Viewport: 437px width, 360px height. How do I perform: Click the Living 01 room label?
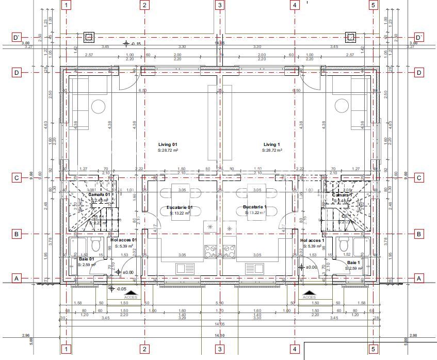point(168,144)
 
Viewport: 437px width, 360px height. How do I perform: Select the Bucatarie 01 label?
point(180,207)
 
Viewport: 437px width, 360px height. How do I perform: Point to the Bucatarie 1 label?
point(255,207)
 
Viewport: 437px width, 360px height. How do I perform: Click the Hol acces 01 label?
point(124,240)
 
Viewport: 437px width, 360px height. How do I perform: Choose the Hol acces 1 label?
point(312,240)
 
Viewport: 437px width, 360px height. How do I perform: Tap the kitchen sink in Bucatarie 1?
point(254,268)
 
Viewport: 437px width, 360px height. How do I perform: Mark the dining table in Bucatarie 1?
point(256,201)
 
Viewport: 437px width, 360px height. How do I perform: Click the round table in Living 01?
point(98,106)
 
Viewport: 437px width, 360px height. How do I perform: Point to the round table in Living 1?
point(341,106)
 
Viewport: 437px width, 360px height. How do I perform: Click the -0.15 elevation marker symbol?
point(126,44)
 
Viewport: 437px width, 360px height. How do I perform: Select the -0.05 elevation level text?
point(122,289)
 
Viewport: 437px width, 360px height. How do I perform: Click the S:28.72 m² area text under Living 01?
point(168,151)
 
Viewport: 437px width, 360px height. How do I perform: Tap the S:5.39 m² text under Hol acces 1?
point(312,247)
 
